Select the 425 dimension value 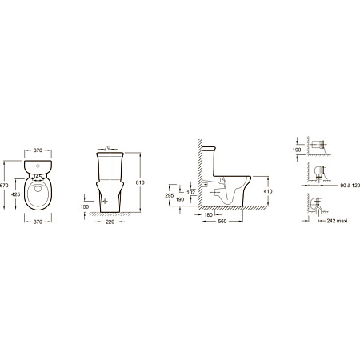tap(16, 194)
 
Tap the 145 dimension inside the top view tap(38, 177)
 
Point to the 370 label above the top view tap(38, 150)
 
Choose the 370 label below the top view tap(38, 222)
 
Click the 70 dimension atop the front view tap(107, 147)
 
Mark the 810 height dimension tap(140, 182)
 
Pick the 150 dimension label tap(85, 206)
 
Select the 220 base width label tap(110, 222)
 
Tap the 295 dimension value tap(170, 195)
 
